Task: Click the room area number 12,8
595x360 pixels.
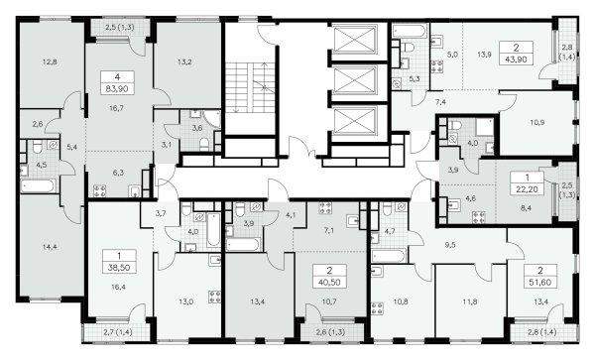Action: click(50, 61)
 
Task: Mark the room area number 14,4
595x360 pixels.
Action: click(50, 247)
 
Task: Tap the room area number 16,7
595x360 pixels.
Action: click(116, 108)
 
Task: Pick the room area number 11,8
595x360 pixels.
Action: click(470, 302)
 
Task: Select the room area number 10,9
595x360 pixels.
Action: click(537, 122)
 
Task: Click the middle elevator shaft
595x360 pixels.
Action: click(354, 80)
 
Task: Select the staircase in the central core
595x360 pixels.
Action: click(251, 87)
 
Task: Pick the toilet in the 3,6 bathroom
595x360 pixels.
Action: click(204, 144)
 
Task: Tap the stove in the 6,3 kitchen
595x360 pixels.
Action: click(99, 190)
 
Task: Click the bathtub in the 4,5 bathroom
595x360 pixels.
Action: click(39, 186)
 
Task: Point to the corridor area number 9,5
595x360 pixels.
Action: click(450, 245)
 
